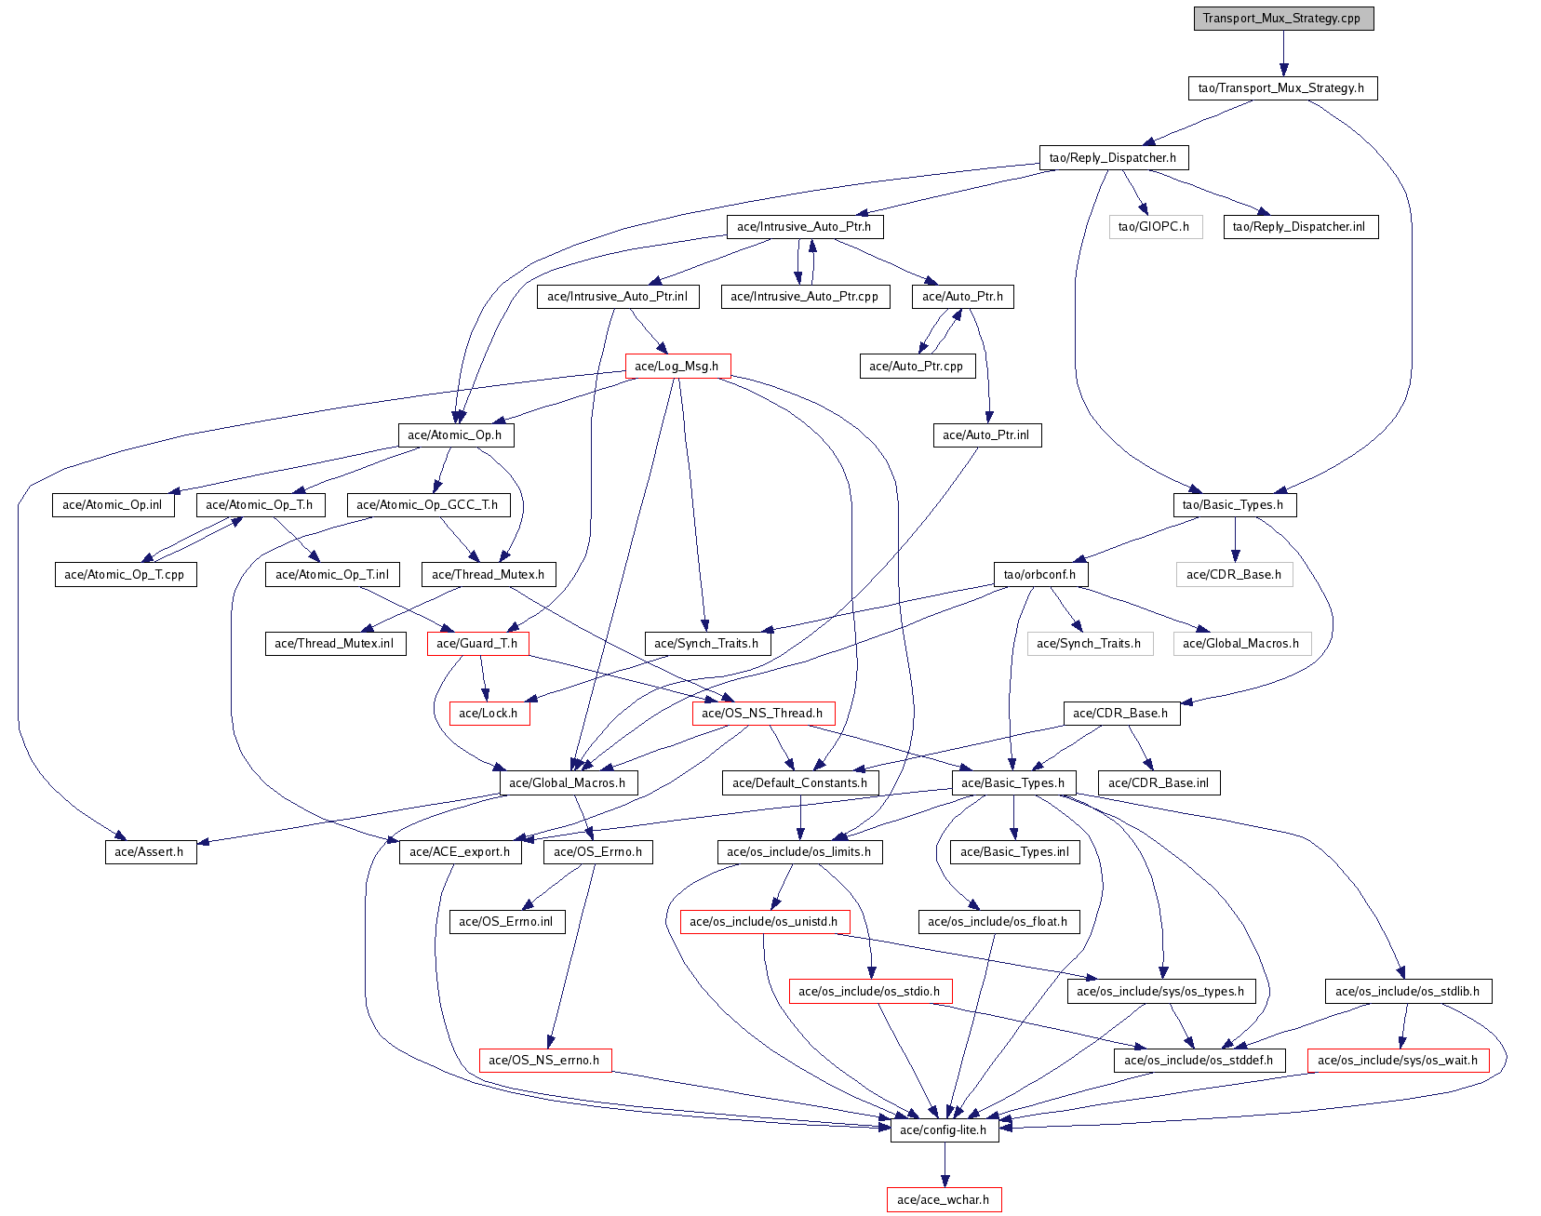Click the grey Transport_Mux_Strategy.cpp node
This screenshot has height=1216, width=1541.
click(x=1283, y=19)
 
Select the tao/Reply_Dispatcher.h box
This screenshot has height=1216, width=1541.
click(x=1113, y=158)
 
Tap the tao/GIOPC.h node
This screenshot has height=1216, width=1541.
click(x=1154, y=227)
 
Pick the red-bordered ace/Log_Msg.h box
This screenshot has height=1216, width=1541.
click(x=677, y=367)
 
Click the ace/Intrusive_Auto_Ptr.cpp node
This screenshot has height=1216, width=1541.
click(x=805, y=297)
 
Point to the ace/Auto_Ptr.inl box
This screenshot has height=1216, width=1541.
click(x=986, y=435)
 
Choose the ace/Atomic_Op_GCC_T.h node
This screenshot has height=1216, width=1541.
click(x=427, y=505)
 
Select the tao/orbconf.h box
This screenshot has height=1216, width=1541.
click(x=1039, y=575)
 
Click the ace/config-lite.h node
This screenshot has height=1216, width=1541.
click(x=945, y=1130)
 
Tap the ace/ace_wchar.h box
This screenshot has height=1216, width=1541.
click(x=944, y=1200)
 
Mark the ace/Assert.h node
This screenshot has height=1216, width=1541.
click(x=150, y=852)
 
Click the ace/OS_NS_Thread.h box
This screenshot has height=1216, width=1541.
click(x=762, y=714)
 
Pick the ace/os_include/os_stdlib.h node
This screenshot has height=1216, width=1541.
click(x=1407, y=992)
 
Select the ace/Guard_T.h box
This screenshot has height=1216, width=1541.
click(x=477, y=644)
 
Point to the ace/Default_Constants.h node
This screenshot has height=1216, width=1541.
click(x=800, y=783)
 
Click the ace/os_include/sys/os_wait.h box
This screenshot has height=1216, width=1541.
click(x=1398, y=1061)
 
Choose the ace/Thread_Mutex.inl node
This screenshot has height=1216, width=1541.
click(x=335, y=644)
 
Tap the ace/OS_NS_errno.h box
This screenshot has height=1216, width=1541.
click(x=544, y=1061)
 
